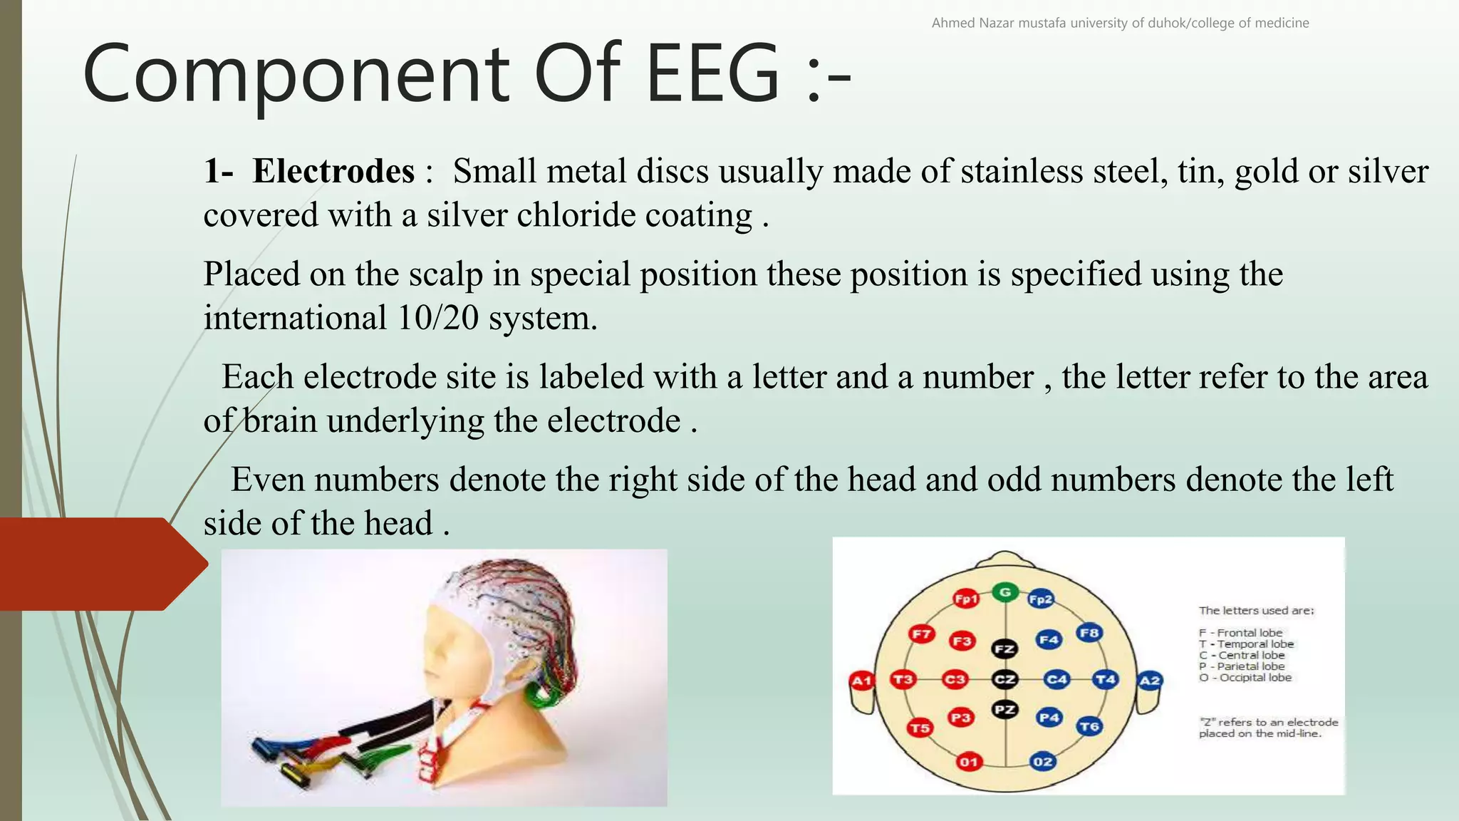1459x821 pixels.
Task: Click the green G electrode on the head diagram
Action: (x=1004, y=592)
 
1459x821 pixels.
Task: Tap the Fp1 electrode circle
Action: (x=966, y=599)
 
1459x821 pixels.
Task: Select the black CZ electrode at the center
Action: (x=1004, y=679)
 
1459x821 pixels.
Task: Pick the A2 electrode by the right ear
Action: (x=1150, y=681)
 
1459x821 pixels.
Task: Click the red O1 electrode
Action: (x=968, y=762)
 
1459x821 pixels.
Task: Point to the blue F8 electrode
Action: (x=1089, y=633)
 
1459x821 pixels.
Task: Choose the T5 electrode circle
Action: (x=920, y=728)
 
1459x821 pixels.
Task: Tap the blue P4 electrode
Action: (x=1049, y=718)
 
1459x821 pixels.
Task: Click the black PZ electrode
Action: (x=1004, y=710)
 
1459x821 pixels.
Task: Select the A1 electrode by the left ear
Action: (x=862, y=681)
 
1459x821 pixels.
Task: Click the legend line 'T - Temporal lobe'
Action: (x=1246, y=644)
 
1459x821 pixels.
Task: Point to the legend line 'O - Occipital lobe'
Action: (x=1245, y=678)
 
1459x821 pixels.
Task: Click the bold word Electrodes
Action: (x=333, y=172)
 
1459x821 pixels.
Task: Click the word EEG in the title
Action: (x=713, y=75)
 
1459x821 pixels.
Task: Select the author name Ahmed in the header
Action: (x=953, y=23)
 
